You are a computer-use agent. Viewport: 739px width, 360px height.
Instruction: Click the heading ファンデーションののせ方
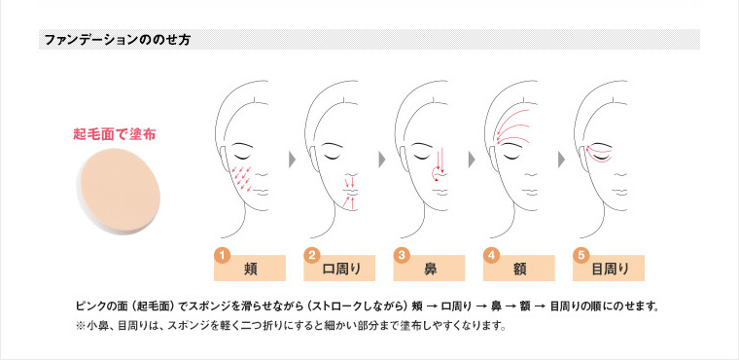pos(118,40)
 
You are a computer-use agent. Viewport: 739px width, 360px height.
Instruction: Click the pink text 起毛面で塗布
pos(114,134)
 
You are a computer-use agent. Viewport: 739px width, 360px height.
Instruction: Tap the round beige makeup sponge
pos(118,190)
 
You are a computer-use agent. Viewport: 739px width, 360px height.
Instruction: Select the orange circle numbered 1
pos(222,256)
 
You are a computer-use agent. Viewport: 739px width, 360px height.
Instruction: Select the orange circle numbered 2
pos(311,256)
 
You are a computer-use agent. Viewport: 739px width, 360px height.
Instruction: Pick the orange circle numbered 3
pos(401,256)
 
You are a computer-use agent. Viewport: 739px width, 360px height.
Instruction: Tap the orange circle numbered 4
pos(491,256)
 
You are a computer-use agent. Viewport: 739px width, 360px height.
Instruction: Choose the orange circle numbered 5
pos(581,256)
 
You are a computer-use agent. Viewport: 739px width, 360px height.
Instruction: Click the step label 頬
pos(251,269)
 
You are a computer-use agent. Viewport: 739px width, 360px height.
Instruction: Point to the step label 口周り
pos(341,269)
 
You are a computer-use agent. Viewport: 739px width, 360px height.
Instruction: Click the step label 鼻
pos(431,269)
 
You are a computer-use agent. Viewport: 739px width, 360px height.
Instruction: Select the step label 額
pos(520,269)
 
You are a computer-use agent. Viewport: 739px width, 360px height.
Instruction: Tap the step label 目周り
pos(611,269)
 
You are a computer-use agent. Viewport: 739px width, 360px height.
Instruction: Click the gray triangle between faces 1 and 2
pos(293,160)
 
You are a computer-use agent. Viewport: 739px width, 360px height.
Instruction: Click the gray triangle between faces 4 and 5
pos(561,160)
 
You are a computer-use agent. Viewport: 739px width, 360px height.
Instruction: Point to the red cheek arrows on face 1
pos(241,179)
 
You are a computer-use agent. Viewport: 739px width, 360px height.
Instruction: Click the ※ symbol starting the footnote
pos(80,326)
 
